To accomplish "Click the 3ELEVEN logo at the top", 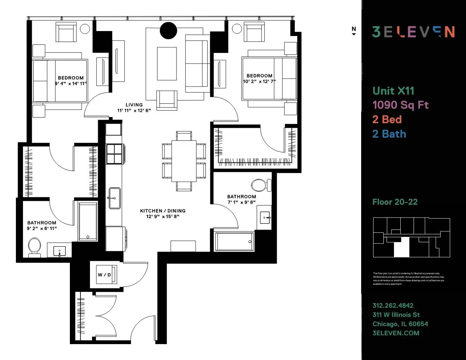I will tap(413, 32).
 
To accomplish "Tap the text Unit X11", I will tap(393, 91).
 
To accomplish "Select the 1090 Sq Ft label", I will tap(400, 105).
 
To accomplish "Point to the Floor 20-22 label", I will tap(395, 202).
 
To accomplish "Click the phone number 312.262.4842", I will tap(393, 306).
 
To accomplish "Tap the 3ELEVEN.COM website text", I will tap(396, 333).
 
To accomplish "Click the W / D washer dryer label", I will tap(104, 275).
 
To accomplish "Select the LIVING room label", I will tap(134, 105).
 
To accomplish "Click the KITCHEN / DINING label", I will tap(163, 211).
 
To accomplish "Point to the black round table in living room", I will tap(168, 31).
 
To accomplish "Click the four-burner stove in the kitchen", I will tap(114, 154).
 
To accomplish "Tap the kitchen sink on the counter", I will tap(114, 198).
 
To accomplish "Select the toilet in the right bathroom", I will tap(261, 185).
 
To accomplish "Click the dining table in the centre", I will tap(184, 161).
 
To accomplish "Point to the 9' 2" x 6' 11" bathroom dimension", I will tap(42, 228).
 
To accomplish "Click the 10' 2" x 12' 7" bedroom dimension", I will tap(259, 82).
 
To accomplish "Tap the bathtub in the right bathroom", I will tap(234, 241).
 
